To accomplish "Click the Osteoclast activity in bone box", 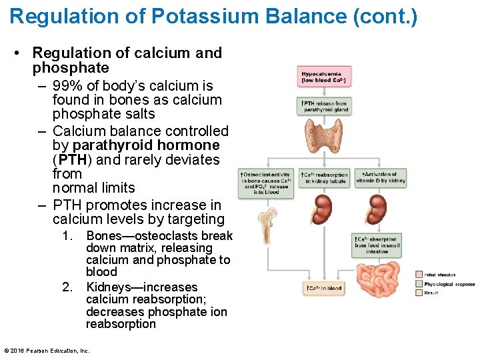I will (x=267, y=183).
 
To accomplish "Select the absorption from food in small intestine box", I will (x=378, y=245).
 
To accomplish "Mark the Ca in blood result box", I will (x=324, y=289).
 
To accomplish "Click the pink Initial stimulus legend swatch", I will (x=419, y=275).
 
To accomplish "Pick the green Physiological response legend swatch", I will (x=419, y=284).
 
